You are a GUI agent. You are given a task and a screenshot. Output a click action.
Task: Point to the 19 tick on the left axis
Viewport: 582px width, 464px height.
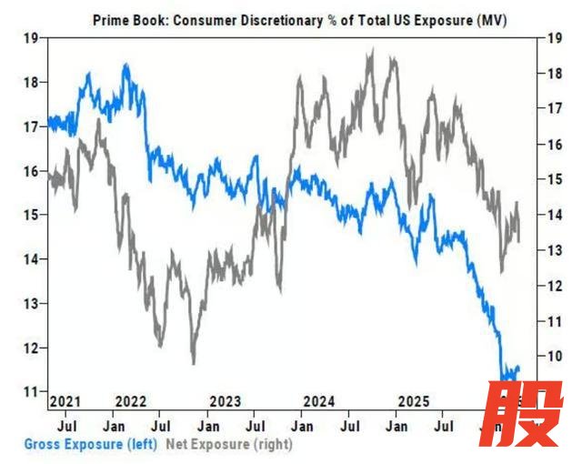[29, 38]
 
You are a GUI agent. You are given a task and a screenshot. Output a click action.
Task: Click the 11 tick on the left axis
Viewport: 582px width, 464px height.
[29, 391]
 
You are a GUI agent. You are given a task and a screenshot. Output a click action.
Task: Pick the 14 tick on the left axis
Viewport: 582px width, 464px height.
[29, 259]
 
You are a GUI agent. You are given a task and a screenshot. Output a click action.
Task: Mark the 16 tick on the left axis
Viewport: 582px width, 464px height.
[29, 171]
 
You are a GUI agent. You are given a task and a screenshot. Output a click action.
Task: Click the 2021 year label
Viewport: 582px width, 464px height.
[65, 401]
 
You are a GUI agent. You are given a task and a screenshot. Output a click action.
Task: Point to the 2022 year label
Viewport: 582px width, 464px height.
[133, 401]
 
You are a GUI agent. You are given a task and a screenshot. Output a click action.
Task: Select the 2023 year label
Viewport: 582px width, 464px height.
[226, 401]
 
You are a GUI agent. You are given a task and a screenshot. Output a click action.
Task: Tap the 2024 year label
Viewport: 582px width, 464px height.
[319, 401]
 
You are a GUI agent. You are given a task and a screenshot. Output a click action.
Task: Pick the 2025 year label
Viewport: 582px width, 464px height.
[414, 401]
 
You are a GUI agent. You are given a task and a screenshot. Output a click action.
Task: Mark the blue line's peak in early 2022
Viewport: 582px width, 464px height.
[125, 65]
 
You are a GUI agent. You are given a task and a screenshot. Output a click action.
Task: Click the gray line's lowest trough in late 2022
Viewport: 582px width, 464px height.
[193, 363]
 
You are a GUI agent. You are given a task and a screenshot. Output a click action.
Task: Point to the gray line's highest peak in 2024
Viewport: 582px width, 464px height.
[370, 52]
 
